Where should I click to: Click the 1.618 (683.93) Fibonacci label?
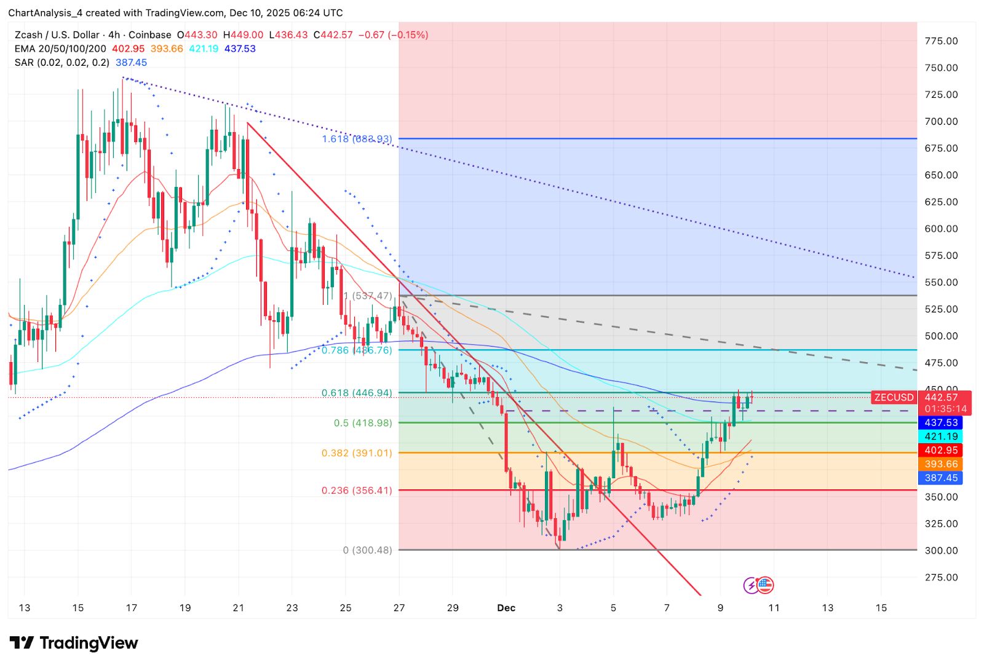[x=357, y=139]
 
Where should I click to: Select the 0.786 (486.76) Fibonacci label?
[x=357, y=350]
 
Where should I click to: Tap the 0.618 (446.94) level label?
[x=357, y=393]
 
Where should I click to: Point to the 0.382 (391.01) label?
[x=357, y=453]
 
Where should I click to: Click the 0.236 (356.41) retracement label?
[x=357, y=491]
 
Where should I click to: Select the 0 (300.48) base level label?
[x=367, y=550]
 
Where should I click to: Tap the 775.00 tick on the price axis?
[x=941, y=41]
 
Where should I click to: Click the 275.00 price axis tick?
[x=941, y=577]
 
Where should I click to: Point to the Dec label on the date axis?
[x=506, y=608]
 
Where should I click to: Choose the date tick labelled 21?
[x=239, y=608]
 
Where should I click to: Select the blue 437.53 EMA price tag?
[x=941, y=423]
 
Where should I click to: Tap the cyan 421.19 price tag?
[x=941, y=436]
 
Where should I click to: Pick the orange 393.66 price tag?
[x=941, y=464]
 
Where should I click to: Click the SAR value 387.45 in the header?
[x=131, y=63]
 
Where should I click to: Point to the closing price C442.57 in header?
[x=333, y=35]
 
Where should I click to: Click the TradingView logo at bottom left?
[x=74, y=643]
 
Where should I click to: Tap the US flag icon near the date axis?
[x=764, y=585]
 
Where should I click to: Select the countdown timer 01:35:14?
[x=945, y=409]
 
